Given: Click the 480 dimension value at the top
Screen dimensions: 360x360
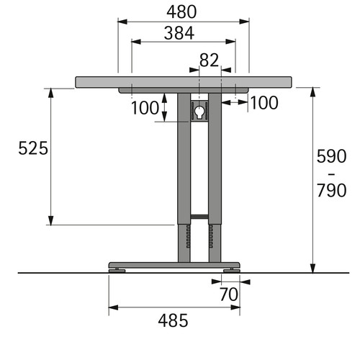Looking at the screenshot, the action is point(181,12).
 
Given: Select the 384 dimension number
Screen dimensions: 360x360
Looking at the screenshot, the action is point(179,33).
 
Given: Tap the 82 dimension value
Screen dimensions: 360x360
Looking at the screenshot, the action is point(209,60).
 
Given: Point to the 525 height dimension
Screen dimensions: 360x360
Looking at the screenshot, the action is point(33,148).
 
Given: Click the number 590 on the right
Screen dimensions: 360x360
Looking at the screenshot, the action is point(331,156).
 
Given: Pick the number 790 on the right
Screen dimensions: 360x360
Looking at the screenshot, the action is point(331,190).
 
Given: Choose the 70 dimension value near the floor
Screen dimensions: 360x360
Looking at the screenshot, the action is point(229,294).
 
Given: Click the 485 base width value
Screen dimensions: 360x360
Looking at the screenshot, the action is point(173,320).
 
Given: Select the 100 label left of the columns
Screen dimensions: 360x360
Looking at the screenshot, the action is point(145,108).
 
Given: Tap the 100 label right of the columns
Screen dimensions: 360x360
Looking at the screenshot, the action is point(264,103).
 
